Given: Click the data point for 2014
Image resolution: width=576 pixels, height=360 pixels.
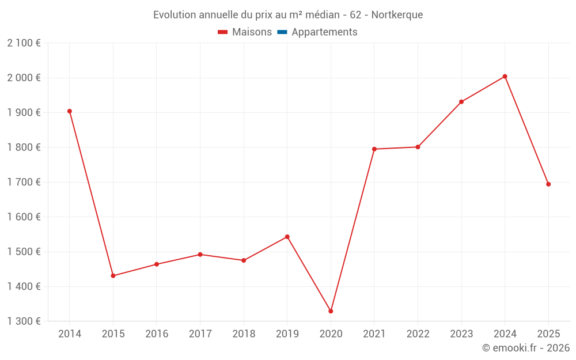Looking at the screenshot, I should (70, 111).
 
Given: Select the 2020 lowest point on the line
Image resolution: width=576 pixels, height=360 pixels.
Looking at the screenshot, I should (331, 311).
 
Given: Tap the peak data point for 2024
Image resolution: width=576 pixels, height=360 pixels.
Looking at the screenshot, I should (505, 77).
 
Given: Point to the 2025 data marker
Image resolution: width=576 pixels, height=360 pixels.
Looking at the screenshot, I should (548, 184).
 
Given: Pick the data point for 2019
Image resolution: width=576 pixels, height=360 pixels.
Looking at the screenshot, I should (287, 237).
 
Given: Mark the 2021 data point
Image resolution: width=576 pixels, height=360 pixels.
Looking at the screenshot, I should (374, 149).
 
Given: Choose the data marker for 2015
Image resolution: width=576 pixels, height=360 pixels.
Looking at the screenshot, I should (113, 276).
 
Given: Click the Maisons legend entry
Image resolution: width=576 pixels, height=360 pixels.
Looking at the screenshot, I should (252, 32).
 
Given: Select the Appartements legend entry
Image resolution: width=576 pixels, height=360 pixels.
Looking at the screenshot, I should (324, 32).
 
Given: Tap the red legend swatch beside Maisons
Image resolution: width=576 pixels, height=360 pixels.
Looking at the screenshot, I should (223, 32).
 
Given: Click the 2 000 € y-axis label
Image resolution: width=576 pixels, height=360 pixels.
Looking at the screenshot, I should (24, 78).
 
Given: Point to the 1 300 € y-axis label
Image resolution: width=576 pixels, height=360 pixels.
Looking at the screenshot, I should (24, 321).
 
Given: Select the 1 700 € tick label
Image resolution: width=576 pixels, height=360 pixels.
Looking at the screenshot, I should (24, 182).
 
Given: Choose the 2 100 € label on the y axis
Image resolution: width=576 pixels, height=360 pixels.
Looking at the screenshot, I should (24, 43).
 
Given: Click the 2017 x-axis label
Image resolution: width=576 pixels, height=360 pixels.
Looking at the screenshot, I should (200, 334).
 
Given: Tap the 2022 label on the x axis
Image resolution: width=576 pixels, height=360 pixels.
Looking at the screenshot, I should (418, 334).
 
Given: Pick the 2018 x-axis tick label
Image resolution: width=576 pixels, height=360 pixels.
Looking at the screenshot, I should (244, 334).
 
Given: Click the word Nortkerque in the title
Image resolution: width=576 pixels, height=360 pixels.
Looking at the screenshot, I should (397, 15).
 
